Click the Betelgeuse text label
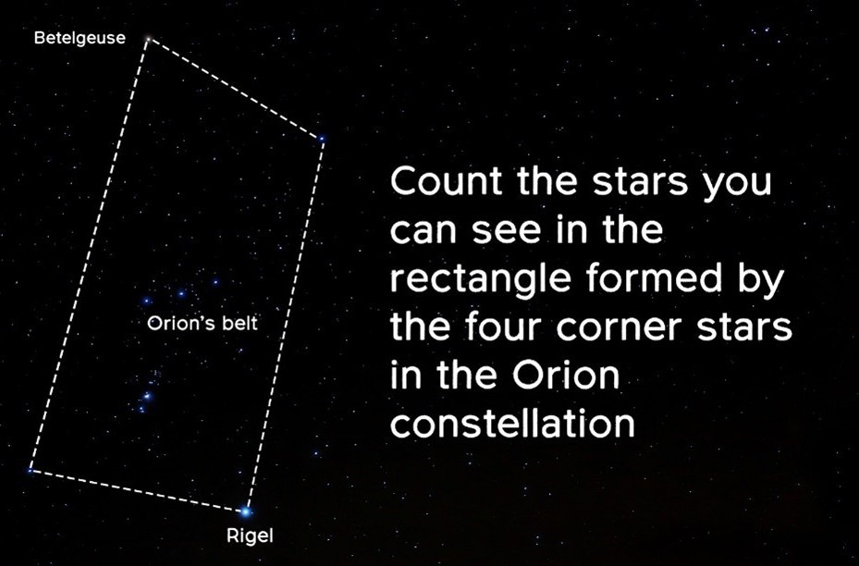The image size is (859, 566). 80,38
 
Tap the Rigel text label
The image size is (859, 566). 250,535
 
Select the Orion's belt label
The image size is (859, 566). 202,324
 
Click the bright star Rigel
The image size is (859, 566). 245,511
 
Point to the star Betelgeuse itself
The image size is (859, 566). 147,39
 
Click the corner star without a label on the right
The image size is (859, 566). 322,139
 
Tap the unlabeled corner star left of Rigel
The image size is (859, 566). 31,470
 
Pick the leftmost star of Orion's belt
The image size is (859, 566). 146,301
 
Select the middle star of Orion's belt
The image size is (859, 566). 181,294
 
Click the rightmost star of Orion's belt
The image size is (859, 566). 215,282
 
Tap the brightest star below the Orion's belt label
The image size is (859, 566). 147,396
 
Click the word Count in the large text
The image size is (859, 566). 447,181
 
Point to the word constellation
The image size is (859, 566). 512,423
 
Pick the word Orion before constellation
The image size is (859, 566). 567,375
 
